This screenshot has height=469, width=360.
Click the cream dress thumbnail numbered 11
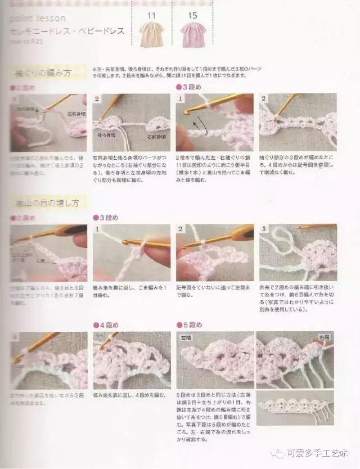click(x=151, y=34)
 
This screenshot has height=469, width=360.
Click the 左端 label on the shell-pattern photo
click(x=186, y=338)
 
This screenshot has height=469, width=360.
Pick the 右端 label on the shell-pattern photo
click(x=323, y=337)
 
